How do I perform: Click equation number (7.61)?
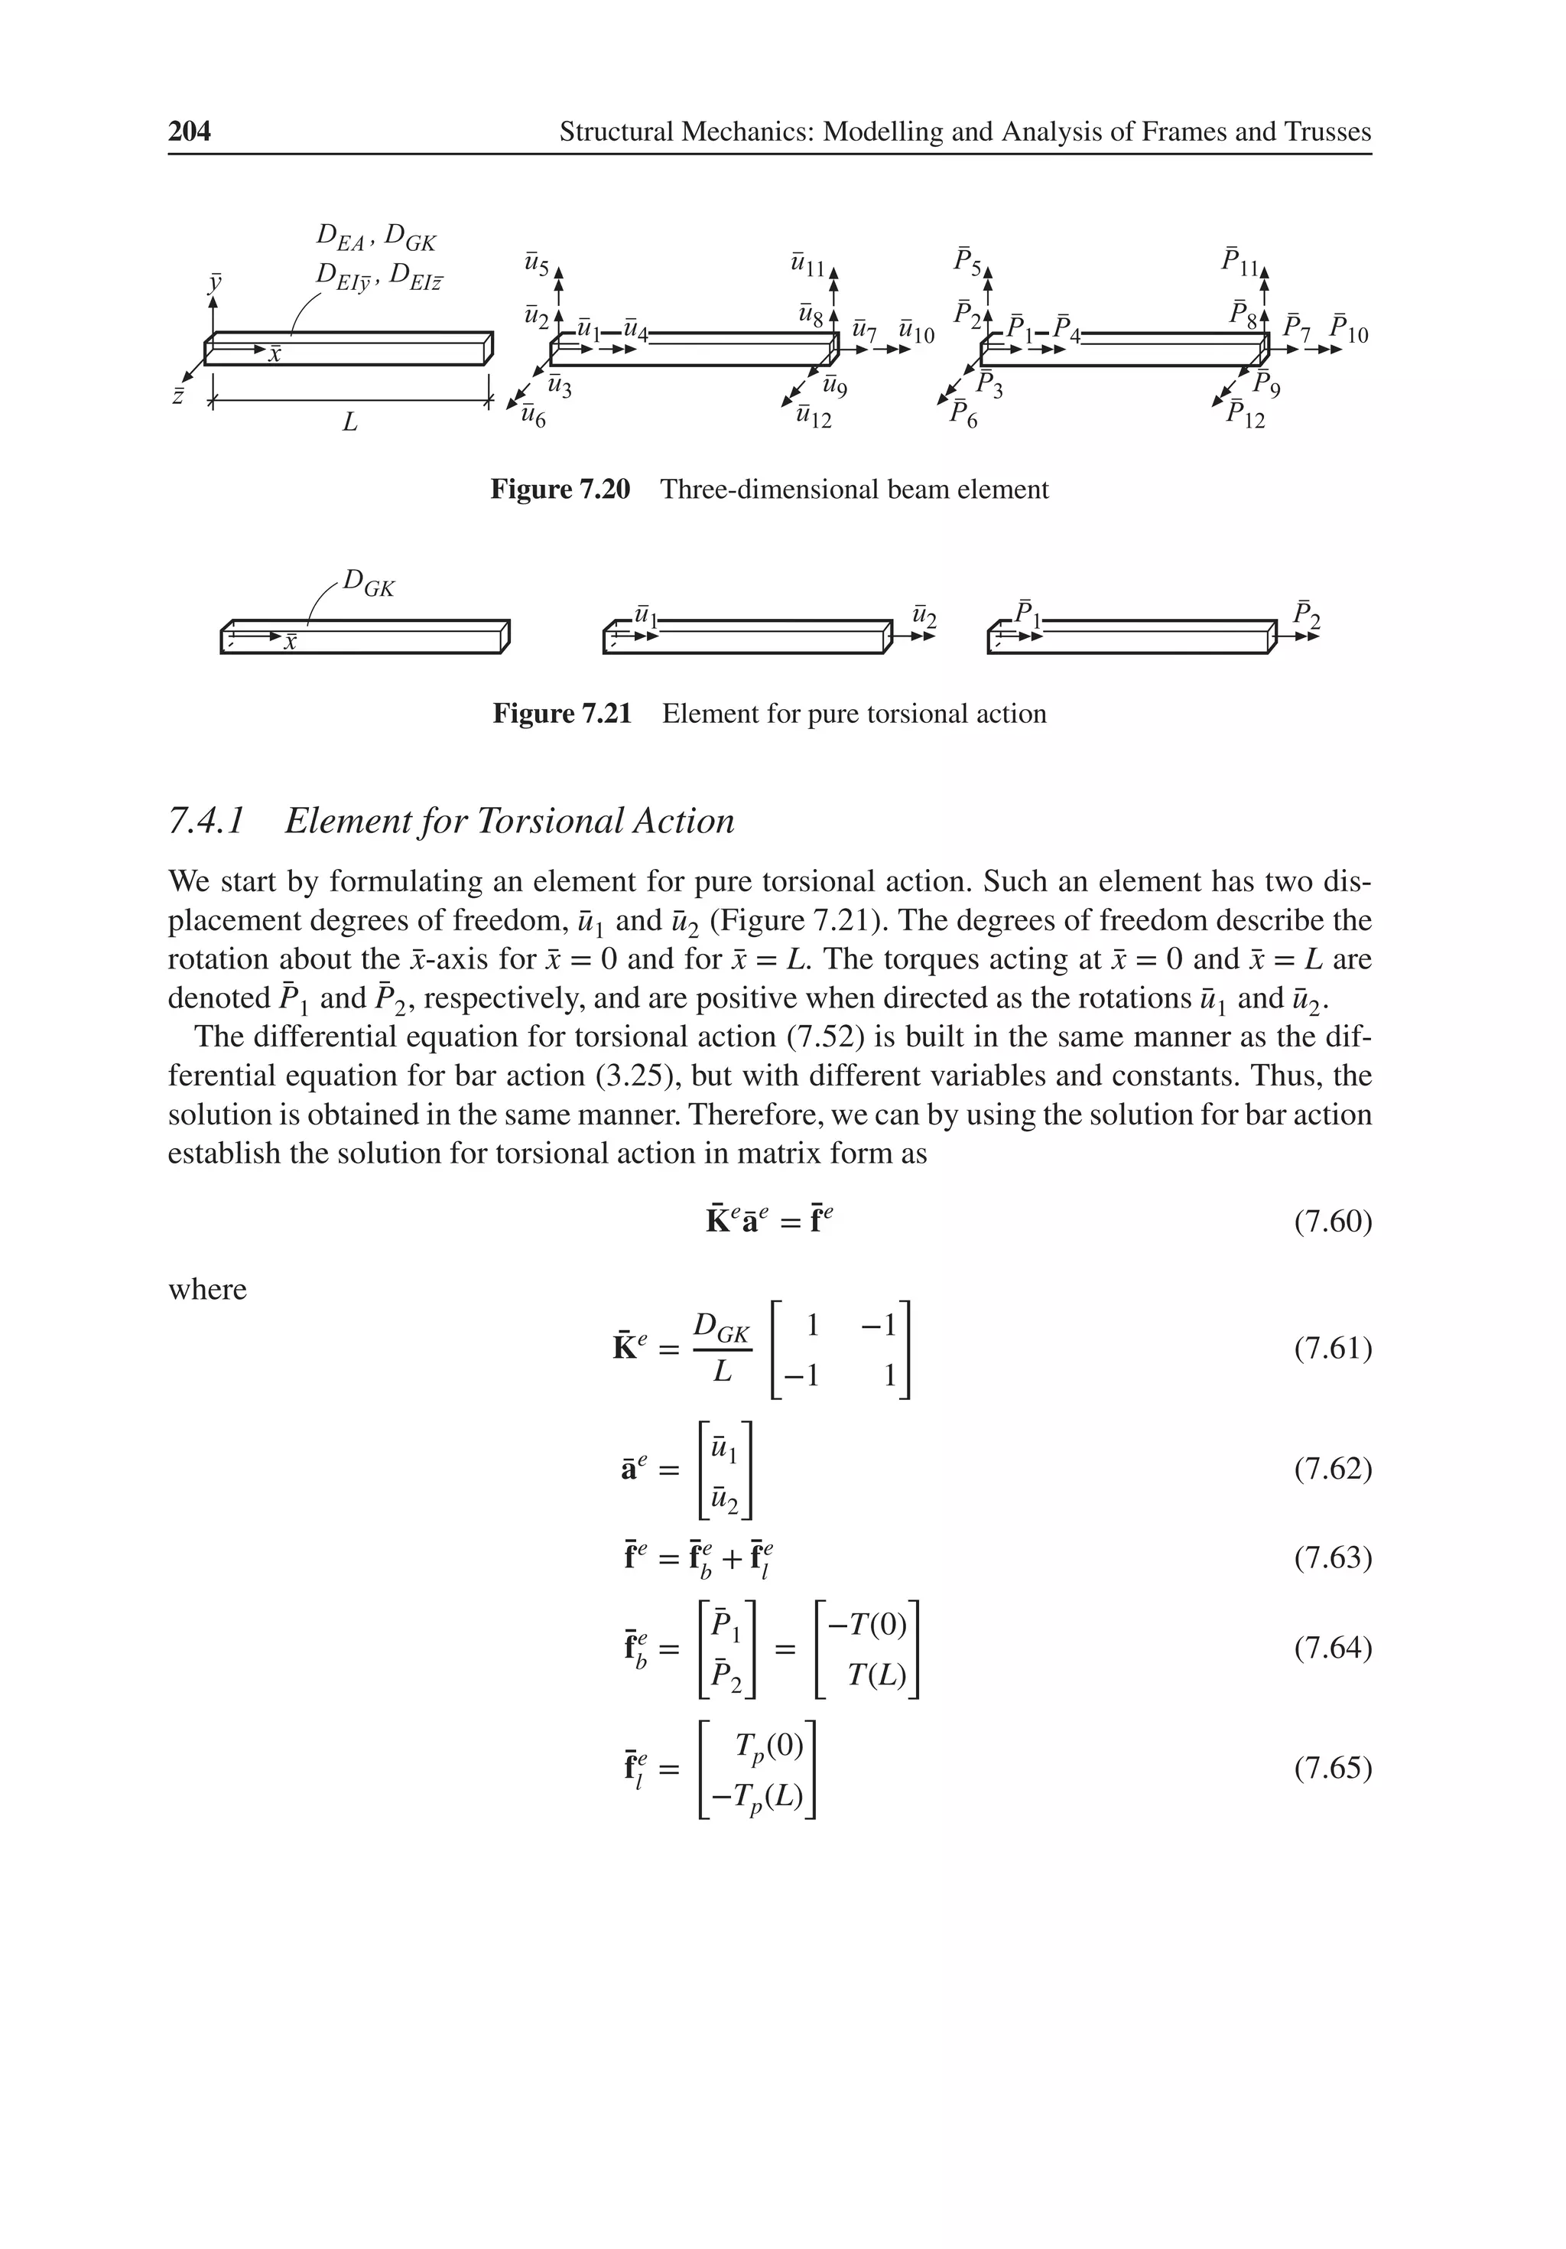click(x=1332, y=1349)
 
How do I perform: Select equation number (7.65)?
click(x=1332, y=1767)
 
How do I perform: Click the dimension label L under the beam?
click(x=349, y=423)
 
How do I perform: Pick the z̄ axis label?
click(x=178, y=397)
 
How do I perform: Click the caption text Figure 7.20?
click(x=559, y=489)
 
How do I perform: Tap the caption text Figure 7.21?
click(x=561, y=713)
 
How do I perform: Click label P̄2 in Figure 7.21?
click(x=1305, y=614)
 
